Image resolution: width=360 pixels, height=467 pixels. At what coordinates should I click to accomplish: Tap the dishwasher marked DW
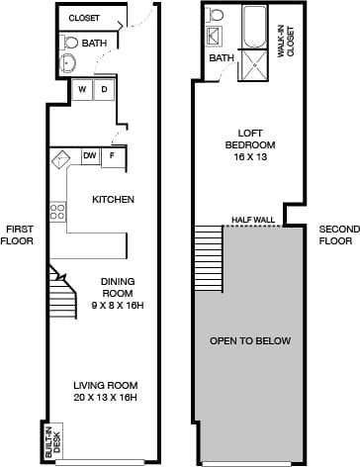[90, 156]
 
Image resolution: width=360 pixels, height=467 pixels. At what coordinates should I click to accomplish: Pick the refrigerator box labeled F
[114, 156]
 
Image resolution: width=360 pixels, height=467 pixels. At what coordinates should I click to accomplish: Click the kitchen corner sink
[61, 158]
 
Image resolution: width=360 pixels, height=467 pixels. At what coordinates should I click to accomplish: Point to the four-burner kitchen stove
[57, 212]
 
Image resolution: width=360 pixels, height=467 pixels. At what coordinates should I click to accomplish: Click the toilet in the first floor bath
[68, 44]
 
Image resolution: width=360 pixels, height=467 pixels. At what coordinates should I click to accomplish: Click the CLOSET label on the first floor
[85, 18]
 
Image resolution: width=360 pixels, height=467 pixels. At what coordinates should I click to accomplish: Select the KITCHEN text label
[113, 200]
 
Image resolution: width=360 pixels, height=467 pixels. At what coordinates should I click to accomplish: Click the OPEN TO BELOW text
[250, 341]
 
